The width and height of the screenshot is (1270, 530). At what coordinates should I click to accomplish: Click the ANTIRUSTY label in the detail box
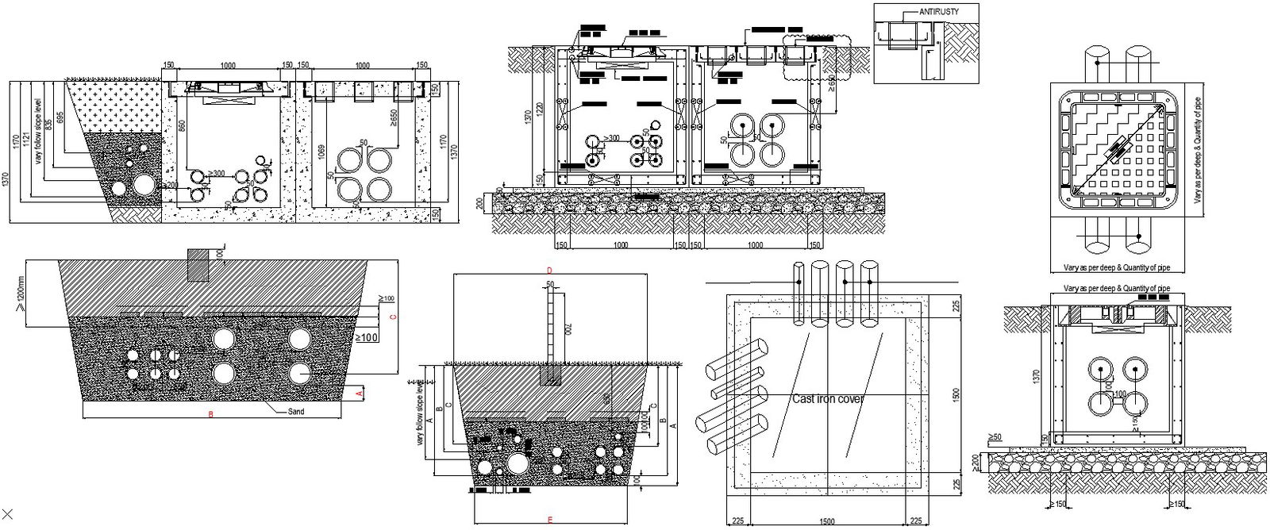tap(937, 12)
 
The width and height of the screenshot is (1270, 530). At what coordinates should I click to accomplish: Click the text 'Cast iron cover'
tap(828, 398)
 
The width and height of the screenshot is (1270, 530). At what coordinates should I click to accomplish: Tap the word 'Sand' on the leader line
tap(295, 412)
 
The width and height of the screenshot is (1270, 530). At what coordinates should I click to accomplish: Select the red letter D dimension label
tap(548, 271)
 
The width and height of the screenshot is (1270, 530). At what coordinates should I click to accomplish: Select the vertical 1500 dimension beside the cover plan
tap(956, 394)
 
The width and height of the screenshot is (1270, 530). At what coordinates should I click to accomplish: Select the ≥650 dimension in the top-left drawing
tap(394, 117)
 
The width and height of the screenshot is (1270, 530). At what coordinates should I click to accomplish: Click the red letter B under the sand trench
tap(210, 414)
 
